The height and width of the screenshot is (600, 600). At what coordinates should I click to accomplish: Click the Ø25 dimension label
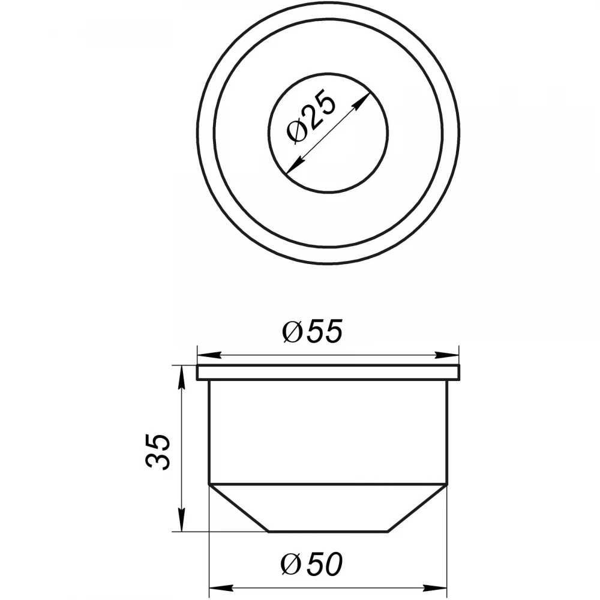click(311, 116)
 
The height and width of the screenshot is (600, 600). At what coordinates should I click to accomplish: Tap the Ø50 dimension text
click(311, 564)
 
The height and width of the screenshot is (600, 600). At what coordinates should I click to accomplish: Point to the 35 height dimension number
click(157, 452)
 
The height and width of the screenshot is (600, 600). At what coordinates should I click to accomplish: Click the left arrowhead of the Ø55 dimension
click(209, 355)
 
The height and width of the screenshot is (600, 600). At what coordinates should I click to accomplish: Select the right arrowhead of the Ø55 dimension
click(446, 355)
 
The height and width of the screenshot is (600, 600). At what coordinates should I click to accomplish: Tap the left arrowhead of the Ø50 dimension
click(221, 587)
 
